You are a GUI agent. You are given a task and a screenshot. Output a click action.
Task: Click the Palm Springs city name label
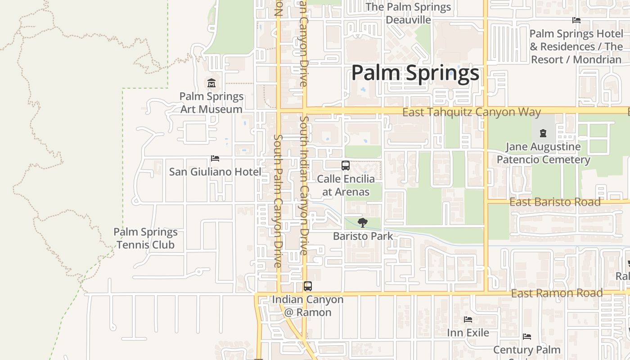point(415,73)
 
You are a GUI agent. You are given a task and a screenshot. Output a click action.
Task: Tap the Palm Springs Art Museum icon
point(211,83)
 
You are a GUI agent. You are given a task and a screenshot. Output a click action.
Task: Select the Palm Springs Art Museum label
point(211,103)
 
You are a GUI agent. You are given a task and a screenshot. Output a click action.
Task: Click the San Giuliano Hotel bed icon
point(215,158)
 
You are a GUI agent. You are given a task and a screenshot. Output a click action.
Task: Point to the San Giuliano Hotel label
point(215,172)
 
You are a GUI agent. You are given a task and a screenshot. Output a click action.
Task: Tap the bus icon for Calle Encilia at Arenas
point(346,166)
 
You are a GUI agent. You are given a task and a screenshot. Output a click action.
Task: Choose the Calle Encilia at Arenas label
point(346,185)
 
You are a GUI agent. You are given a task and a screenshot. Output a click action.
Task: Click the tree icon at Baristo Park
point(363,222)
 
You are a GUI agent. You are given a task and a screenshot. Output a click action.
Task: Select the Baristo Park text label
point(363,236)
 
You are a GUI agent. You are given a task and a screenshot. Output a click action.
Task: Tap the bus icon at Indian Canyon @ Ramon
point(308,286)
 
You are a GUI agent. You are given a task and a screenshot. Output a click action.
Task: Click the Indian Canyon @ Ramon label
point(308,306)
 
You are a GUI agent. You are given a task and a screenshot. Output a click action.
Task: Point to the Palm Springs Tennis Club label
point(145,238)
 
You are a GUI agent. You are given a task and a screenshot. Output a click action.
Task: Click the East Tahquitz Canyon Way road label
point(472,112)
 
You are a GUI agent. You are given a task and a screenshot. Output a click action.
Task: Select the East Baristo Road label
point(555,202)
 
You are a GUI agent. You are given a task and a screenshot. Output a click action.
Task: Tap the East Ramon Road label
point(557,293)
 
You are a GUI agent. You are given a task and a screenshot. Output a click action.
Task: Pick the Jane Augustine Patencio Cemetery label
point(543,153)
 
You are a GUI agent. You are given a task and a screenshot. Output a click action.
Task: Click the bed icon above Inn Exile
point(468,319)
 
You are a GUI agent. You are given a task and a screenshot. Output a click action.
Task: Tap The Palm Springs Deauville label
point(408,13)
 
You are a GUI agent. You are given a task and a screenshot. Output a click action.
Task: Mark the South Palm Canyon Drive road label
point(278,200)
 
